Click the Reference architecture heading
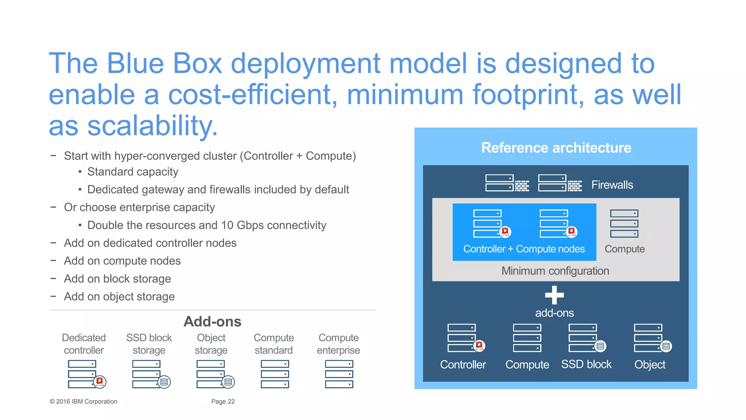(x=556, y=148)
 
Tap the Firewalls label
(x=612, y=185)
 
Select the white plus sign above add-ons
(x=554, y=295)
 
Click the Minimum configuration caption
(x=555, y=271)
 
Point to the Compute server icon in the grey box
(x=624, y=223)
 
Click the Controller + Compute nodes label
(x=524, y=249)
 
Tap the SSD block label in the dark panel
(x=586, y=364)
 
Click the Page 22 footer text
(x=223, y=401)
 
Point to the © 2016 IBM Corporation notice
(x=83, y=401)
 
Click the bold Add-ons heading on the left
(x=212, y=322)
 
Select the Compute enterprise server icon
(x=339, y=374)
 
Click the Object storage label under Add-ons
(x=211, y=344)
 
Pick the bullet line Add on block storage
(x=117, y=279)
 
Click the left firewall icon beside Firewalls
(x=507, y=183)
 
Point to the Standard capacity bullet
(x=133, y=172)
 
